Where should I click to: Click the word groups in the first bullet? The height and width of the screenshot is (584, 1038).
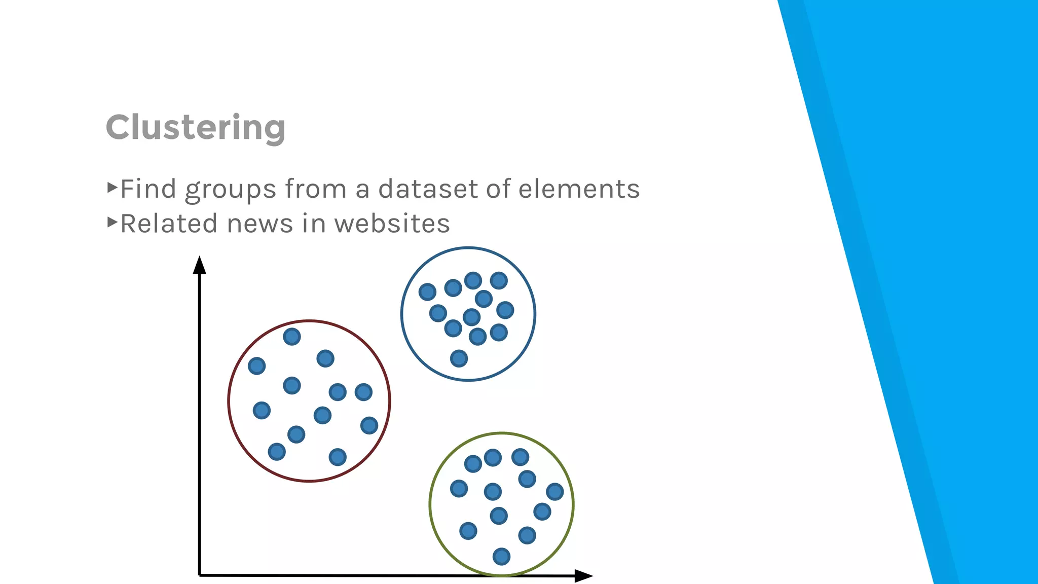click(x=230, y=190)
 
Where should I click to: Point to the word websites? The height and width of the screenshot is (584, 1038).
click(x=392, y=224)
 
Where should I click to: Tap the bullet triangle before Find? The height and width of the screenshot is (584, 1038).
click(x=112, y=188)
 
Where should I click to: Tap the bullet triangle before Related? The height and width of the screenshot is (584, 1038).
click(x=112, y=222)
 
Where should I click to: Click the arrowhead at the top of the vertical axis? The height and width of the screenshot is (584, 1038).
click(x=199, y=265)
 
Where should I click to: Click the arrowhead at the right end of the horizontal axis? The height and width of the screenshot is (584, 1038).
click(x=583, y=575)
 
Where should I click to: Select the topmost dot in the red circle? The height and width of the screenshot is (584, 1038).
click(x=291, y=337)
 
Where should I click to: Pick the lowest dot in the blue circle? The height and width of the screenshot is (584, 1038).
click(x=459, y=358)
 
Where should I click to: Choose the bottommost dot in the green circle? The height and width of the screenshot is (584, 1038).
click(x=501, y=557)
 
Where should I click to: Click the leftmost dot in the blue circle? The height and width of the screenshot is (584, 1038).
click(x=427, y=291)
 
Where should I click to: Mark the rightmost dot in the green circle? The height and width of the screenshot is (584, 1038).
click(x=554, y=491)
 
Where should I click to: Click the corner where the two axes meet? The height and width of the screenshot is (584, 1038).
click(x=200, y=575)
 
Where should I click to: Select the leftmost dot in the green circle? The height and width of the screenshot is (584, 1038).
click(x=459, y=489)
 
